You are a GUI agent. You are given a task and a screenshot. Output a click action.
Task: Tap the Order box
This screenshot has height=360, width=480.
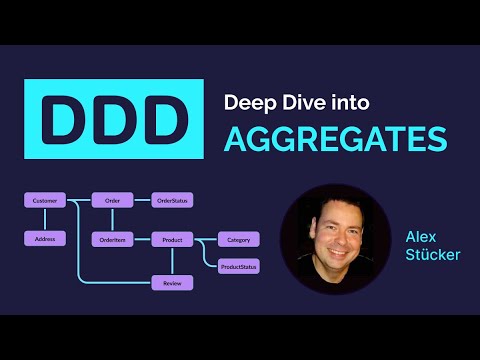tap(112, 201)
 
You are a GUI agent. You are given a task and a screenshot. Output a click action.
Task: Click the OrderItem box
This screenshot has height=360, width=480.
tap(112, 239)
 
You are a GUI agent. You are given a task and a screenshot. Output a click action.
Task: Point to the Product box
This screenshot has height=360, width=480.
tap(172, 239)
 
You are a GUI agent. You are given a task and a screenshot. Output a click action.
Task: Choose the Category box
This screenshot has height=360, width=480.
tap(239, 239)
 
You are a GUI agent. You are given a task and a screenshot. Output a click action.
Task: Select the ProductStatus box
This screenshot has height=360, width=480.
tap(239, 265)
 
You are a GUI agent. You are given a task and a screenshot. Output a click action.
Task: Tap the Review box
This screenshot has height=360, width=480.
tap(172, 283)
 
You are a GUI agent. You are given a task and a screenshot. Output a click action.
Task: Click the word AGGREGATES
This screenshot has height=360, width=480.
tap(334, 140)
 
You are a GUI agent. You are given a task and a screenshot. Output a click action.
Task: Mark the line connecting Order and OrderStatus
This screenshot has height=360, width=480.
tap(142, 201)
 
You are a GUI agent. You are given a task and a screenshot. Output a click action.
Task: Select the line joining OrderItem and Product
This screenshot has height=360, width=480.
tap(142, 239)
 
